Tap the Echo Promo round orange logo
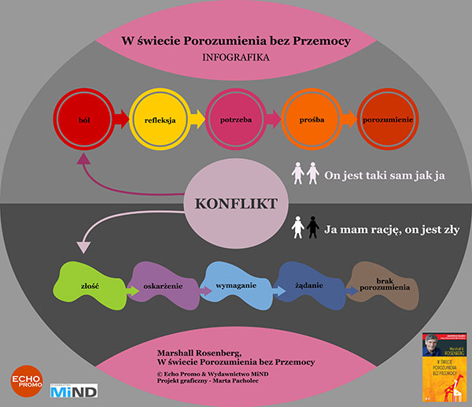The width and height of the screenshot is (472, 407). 26,379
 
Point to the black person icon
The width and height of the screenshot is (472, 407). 312,229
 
